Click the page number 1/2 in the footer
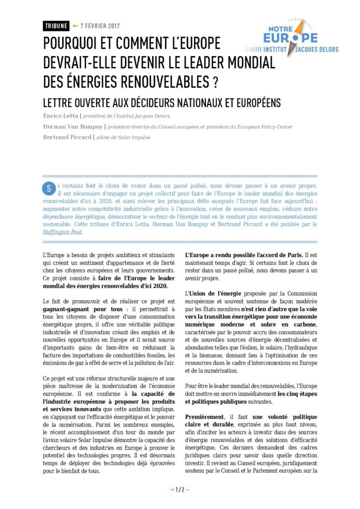point(180,490)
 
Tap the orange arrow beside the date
point(75,26)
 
